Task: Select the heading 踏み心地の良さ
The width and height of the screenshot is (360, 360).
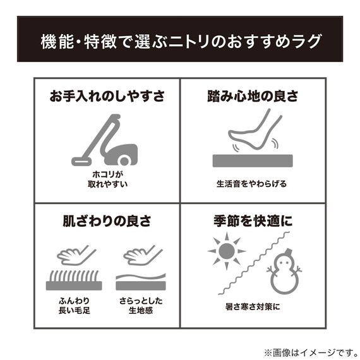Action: (x=253, y=97)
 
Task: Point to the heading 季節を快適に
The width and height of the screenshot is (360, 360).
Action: (x=253, y=222)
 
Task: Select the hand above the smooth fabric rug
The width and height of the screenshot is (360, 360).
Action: (x=140, y=255)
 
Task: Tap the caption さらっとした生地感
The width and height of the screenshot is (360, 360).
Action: (x=140, y=306)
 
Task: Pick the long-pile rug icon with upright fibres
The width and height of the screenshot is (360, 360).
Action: (x=74, y=280)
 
